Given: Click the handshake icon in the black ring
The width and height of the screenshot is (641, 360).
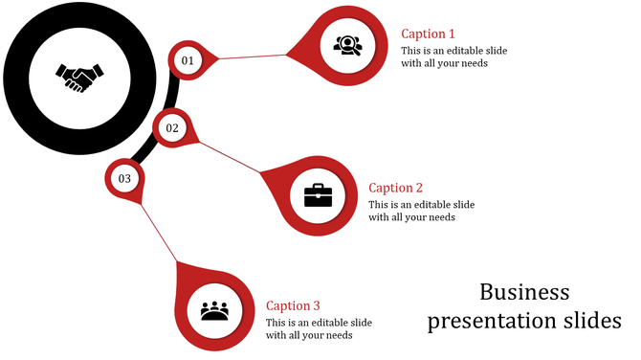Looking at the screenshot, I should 76,77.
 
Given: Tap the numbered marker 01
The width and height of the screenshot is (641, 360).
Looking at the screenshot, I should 187,60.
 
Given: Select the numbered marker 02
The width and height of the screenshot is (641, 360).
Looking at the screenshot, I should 172,128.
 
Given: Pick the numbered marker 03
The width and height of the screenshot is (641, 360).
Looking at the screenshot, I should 124,178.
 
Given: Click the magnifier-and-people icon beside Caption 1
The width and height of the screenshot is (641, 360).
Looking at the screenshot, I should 346,44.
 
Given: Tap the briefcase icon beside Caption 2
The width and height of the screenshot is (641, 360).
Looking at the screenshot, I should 318,195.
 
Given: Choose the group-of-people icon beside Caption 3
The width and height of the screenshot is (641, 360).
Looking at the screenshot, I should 216,312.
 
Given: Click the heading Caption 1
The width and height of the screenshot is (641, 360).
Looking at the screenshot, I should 428,34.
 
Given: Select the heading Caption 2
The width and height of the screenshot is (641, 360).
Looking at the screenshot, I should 395,188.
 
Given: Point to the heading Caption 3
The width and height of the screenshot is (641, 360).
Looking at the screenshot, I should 293,305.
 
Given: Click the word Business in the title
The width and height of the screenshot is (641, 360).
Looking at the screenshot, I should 524,292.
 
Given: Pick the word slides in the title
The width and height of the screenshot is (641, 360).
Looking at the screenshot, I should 588,321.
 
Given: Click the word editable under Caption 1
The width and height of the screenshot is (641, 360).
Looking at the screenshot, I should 468,50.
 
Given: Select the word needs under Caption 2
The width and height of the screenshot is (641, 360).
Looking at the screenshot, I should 441,217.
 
